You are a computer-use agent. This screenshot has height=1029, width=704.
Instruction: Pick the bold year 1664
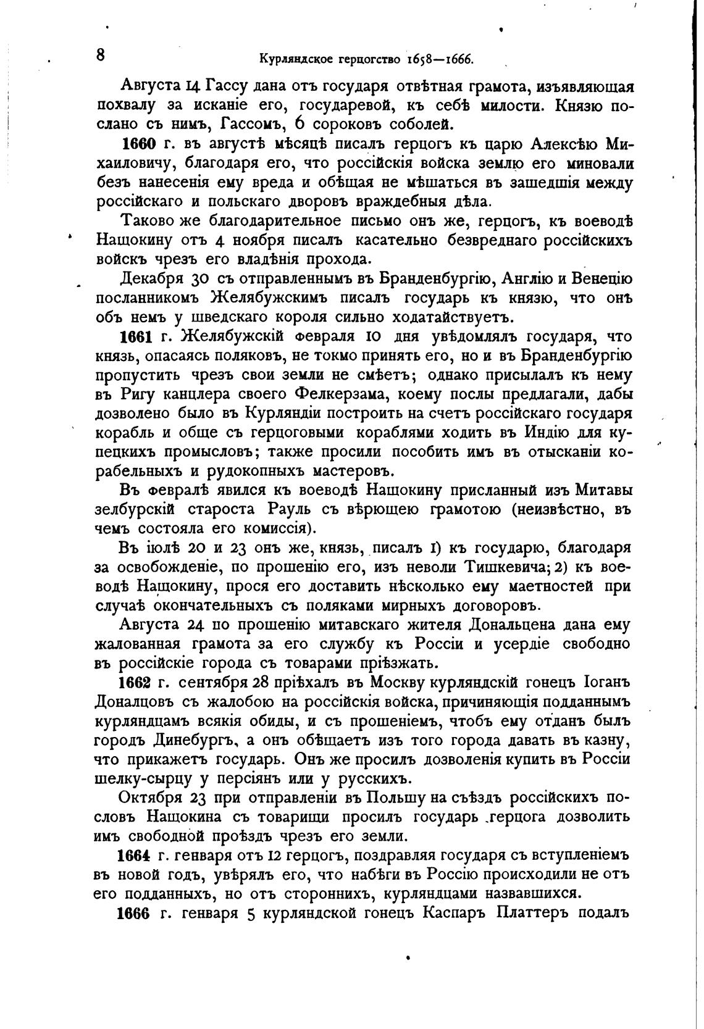point(135,856)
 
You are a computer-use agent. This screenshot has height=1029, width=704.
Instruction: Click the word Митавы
point(603,491)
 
